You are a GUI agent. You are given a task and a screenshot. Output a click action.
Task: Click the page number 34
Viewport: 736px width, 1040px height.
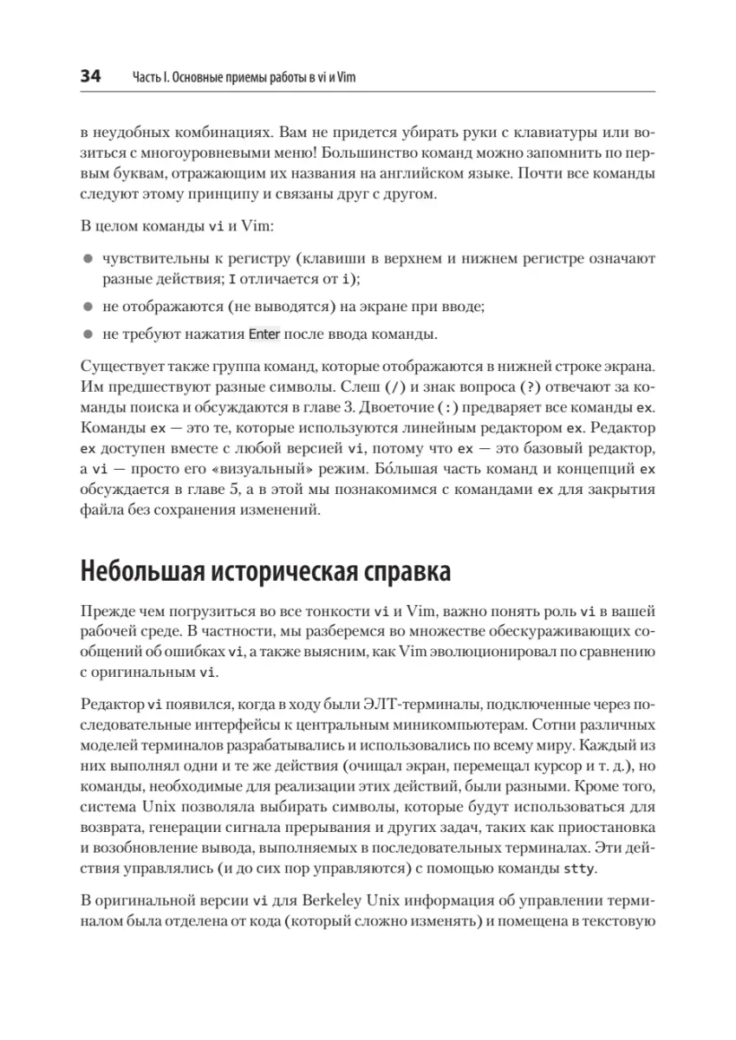tap(90, 77)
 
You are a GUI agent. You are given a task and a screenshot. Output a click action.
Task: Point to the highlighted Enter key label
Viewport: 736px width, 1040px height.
tap(264, 334)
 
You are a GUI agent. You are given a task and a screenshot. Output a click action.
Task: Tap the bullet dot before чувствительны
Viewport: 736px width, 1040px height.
tap(88, 258)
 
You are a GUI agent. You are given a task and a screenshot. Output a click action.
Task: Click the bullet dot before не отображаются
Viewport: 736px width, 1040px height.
tap(88, 307)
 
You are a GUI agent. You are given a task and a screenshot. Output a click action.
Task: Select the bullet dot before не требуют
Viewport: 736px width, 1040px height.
tap(88, 334)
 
